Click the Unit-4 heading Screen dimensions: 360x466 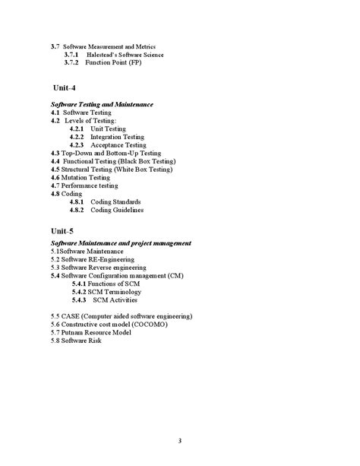pos(64,88)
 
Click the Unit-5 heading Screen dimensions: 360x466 pos(63,230)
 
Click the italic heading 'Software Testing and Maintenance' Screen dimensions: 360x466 pos(102,104)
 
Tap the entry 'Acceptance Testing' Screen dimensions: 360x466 pos(118,144)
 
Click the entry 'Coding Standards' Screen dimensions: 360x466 pos(117,201)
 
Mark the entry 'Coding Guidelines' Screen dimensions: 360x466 pos(117,210)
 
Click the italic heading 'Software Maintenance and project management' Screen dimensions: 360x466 pos(121,243)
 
